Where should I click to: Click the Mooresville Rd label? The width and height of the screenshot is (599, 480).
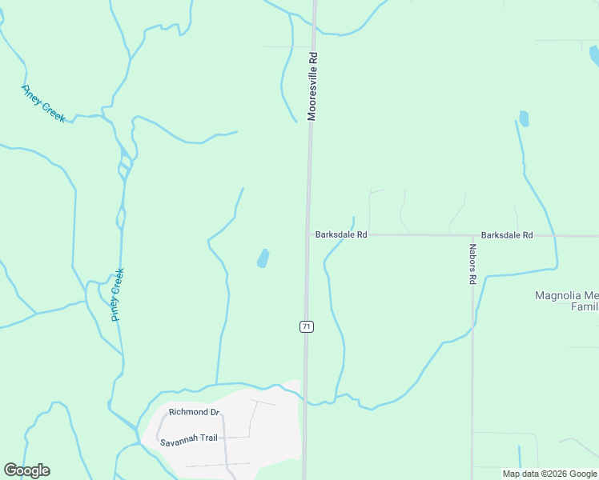click(x=313, y=86)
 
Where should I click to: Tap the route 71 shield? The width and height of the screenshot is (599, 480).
click(x=306, y=326)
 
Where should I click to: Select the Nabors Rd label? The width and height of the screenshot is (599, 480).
click(x=473, y=265)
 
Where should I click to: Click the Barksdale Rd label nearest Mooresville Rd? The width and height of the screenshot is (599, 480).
click(x=341, y=235)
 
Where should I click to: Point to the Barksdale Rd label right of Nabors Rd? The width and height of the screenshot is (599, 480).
click(x=506, y=235)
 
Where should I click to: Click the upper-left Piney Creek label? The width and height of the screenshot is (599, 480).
click(x=43, y=103)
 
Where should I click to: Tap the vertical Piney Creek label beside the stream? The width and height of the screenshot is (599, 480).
click(x=118, y=295)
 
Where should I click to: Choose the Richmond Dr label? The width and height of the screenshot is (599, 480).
click(x=194, y=412)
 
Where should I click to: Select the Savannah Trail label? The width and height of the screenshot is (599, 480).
click(x=188, y=441)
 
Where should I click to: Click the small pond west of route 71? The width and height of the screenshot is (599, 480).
click(x=263, y=258)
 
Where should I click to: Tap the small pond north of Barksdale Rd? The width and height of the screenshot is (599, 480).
click(x=524, y=119)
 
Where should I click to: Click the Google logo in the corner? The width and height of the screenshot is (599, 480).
click(x=26, y=470)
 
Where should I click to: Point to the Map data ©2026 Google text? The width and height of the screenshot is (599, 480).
click(x=549, y=474)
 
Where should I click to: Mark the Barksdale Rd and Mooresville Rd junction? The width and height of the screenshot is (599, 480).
click(x=308, y=234)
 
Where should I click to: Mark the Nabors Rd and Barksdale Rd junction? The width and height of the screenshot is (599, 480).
click(x=472, y=235)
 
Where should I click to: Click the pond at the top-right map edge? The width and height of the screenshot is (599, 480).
click(x=594, y=55)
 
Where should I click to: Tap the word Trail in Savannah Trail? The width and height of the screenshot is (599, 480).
click(x=207, y=441)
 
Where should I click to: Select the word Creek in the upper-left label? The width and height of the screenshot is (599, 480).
click(x=54, y=112)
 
